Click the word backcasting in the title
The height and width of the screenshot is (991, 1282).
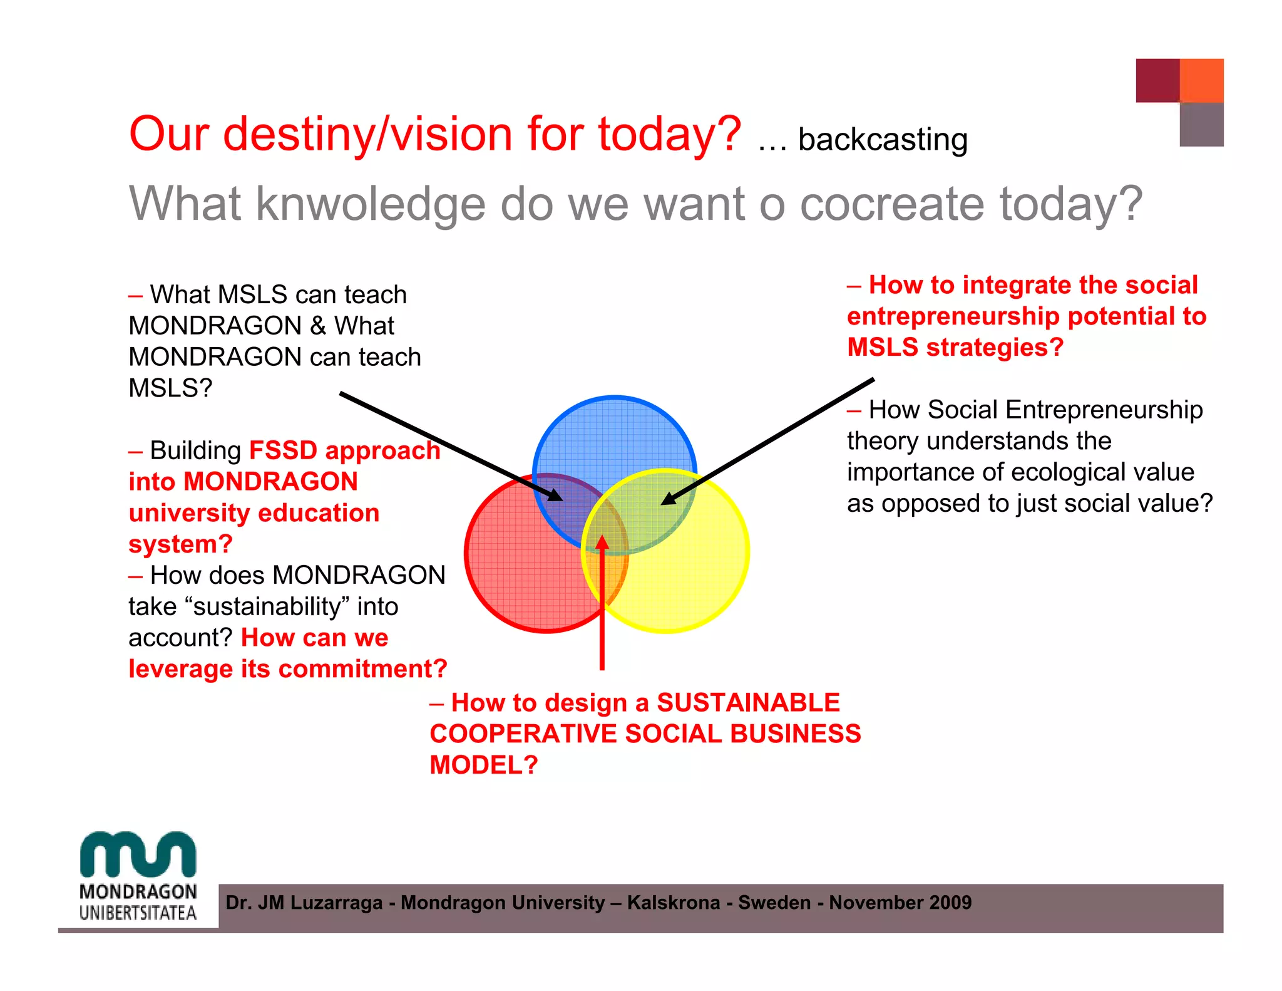[x=883, y=140]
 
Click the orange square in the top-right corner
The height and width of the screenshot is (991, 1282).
[x=1201, y=80]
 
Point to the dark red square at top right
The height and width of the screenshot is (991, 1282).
[x=1157, y=80]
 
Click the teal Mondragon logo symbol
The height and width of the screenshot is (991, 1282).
[x=138, y=854]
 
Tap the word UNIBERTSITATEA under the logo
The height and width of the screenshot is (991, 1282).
[x=138, y=913]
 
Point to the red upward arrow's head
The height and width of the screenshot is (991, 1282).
[x=602, y=541]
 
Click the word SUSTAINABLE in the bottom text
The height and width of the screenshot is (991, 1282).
[x=748, y=703]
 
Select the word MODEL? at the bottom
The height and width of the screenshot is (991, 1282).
[x=483, y=765]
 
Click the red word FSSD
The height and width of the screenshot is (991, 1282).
[x=283, y=451]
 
